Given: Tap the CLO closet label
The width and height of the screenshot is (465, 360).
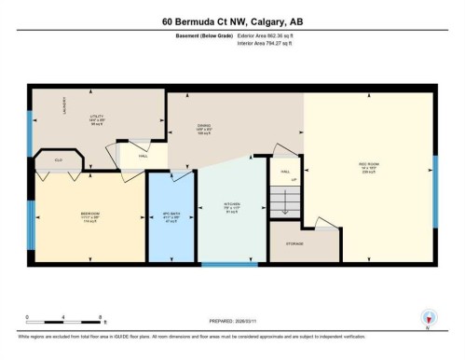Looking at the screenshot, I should click(58, 160).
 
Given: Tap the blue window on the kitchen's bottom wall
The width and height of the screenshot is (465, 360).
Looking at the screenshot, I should click(230, 265).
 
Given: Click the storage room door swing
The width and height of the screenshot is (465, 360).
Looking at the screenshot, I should click(321, 223).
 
